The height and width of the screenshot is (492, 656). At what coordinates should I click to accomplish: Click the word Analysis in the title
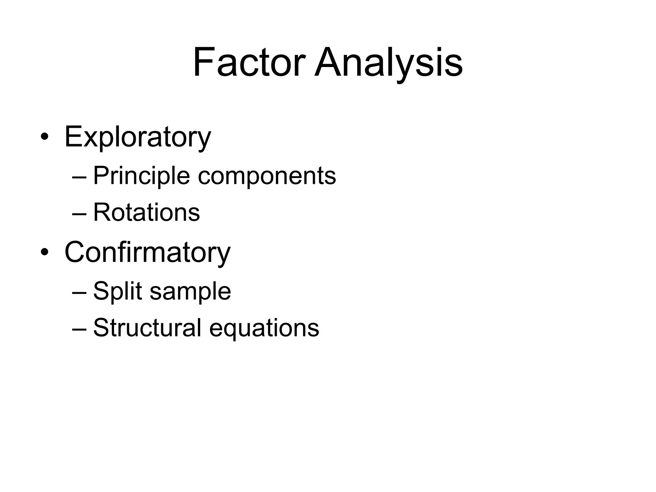click(x=388, y=62)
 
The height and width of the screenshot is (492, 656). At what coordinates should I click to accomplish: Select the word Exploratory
click(x=138, y=137)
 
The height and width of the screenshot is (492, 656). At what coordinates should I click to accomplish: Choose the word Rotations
click(x=146, y=212)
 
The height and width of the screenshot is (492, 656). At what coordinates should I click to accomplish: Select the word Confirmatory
click(x=147, y=252)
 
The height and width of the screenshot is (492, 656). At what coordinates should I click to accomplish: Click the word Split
click(x=118, y=291)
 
